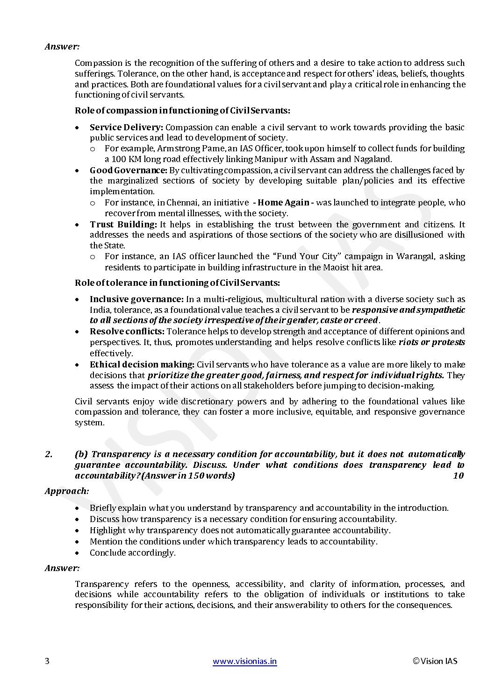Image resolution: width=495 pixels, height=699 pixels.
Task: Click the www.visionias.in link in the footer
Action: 244,661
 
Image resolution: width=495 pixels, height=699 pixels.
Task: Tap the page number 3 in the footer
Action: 47,661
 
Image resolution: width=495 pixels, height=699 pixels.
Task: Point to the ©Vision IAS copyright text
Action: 435,661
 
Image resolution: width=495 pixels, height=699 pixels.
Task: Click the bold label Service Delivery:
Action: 126,127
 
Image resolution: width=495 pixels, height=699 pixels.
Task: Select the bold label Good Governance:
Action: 129,170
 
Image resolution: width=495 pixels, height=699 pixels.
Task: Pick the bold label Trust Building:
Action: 123,225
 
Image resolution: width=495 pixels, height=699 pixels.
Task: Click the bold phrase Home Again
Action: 283,203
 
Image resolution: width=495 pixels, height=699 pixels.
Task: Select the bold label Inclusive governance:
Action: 136,299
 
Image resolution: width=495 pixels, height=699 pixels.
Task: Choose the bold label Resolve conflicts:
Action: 127,332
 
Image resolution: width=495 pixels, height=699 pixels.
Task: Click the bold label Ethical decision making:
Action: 142,365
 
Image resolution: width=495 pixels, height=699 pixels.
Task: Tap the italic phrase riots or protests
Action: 431,342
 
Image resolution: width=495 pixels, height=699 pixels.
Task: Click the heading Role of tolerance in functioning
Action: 178,283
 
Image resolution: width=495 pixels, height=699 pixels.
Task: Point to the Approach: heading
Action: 67,491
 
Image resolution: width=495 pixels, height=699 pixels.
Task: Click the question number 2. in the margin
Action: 49,454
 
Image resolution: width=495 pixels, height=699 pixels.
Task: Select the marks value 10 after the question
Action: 458,476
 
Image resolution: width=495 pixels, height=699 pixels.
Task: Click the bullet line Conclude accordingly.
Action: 133,553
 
